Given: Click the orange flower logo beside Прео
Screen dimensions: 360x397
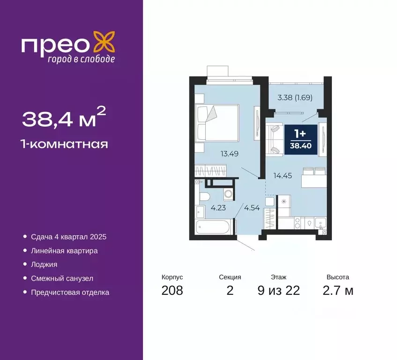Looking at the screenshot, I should coord(104,43).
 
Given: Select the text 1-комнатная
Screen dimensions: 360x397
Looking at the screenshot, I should coord(65,144).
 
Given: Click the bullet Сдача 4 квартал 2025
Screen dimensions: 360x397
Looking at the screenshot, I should coord(69,237).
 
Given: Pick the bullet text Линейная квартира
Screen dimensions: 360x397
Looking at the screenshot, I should coord(64,251).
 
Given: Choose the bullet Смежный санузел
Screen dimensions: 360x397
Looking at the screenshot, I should coord(62,278).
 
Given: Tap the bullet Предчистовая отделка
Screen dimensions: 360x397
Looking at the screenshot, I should coord(70,292).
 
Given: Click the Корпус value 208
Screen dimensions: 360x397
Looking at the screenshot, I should coord(172,291).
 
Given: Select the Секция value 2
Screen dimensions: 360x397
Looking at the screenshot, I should coord(230,291).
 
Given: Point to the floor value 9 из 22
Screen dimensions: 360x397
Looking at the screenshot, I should coord(278,291).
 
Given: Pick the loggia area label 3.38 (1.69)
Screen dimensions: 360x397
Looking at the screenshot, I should coord(295,98).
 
